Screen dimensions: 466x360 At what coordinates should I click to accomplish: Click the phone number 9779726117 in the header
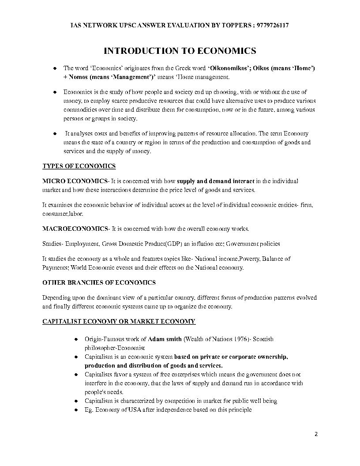(x=273, y=26)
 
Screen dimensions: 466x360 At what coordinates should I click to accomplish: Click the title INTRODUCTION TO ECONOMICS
(x=180, y=51)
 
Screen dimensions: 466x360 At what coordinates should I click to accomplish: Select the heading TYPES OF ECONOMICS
(x=79, y=166)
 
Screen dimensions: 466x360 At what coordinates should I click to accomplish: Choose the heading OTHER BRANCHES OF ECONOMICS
(x=99, y=282)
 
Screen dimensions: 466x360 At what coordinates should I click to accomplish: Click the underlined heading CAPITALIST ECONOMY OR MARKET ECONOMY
(x=119, y=322)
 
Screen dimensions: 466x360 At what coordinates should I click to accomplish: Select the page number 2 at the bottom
(x=316, y=434)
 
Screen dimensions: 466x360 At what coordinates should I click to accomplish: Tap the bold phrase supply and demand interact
(x=216, y=181)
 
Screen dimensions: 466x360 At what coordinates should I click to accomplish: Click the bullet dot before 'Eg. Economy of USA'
(x=76, y=410)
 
